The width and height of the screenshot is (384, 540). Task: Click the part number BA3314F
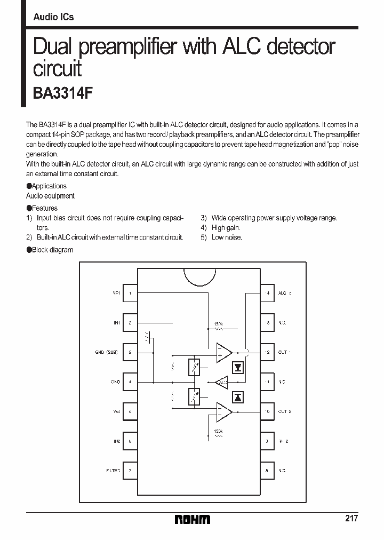coord(63,93)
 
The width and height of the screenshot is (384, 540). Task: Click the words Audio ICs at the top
coord(53,17)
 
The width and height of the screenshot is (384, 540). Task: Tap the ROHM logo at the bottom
coord(193,519)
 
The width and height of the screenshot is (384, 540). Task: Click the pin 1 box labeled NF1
coord(130,293)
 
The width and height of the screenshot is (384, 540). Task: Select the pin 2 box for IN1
coord(130,323)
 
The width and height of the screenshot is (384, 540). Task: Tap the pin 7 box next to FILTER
coord(130,471)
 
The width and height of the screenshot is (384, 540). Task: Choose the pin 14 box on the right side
coord(267,293)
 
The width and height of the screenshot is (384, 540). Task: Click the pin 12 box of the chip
coord(267,352)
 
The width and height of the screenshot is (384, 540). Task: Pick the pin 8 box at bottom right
coord(267,471)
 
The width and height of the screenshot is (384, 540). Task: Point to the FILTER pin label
coord(113,471)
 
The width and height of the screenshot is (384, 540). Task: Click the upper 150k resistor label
coord(218,324)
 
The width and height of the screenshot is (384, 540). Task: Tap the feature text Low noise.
coord(227,237)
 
